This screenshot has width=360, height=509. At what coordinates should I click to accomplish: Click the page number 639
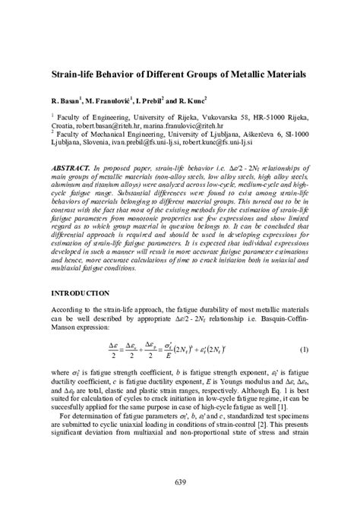180,482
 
